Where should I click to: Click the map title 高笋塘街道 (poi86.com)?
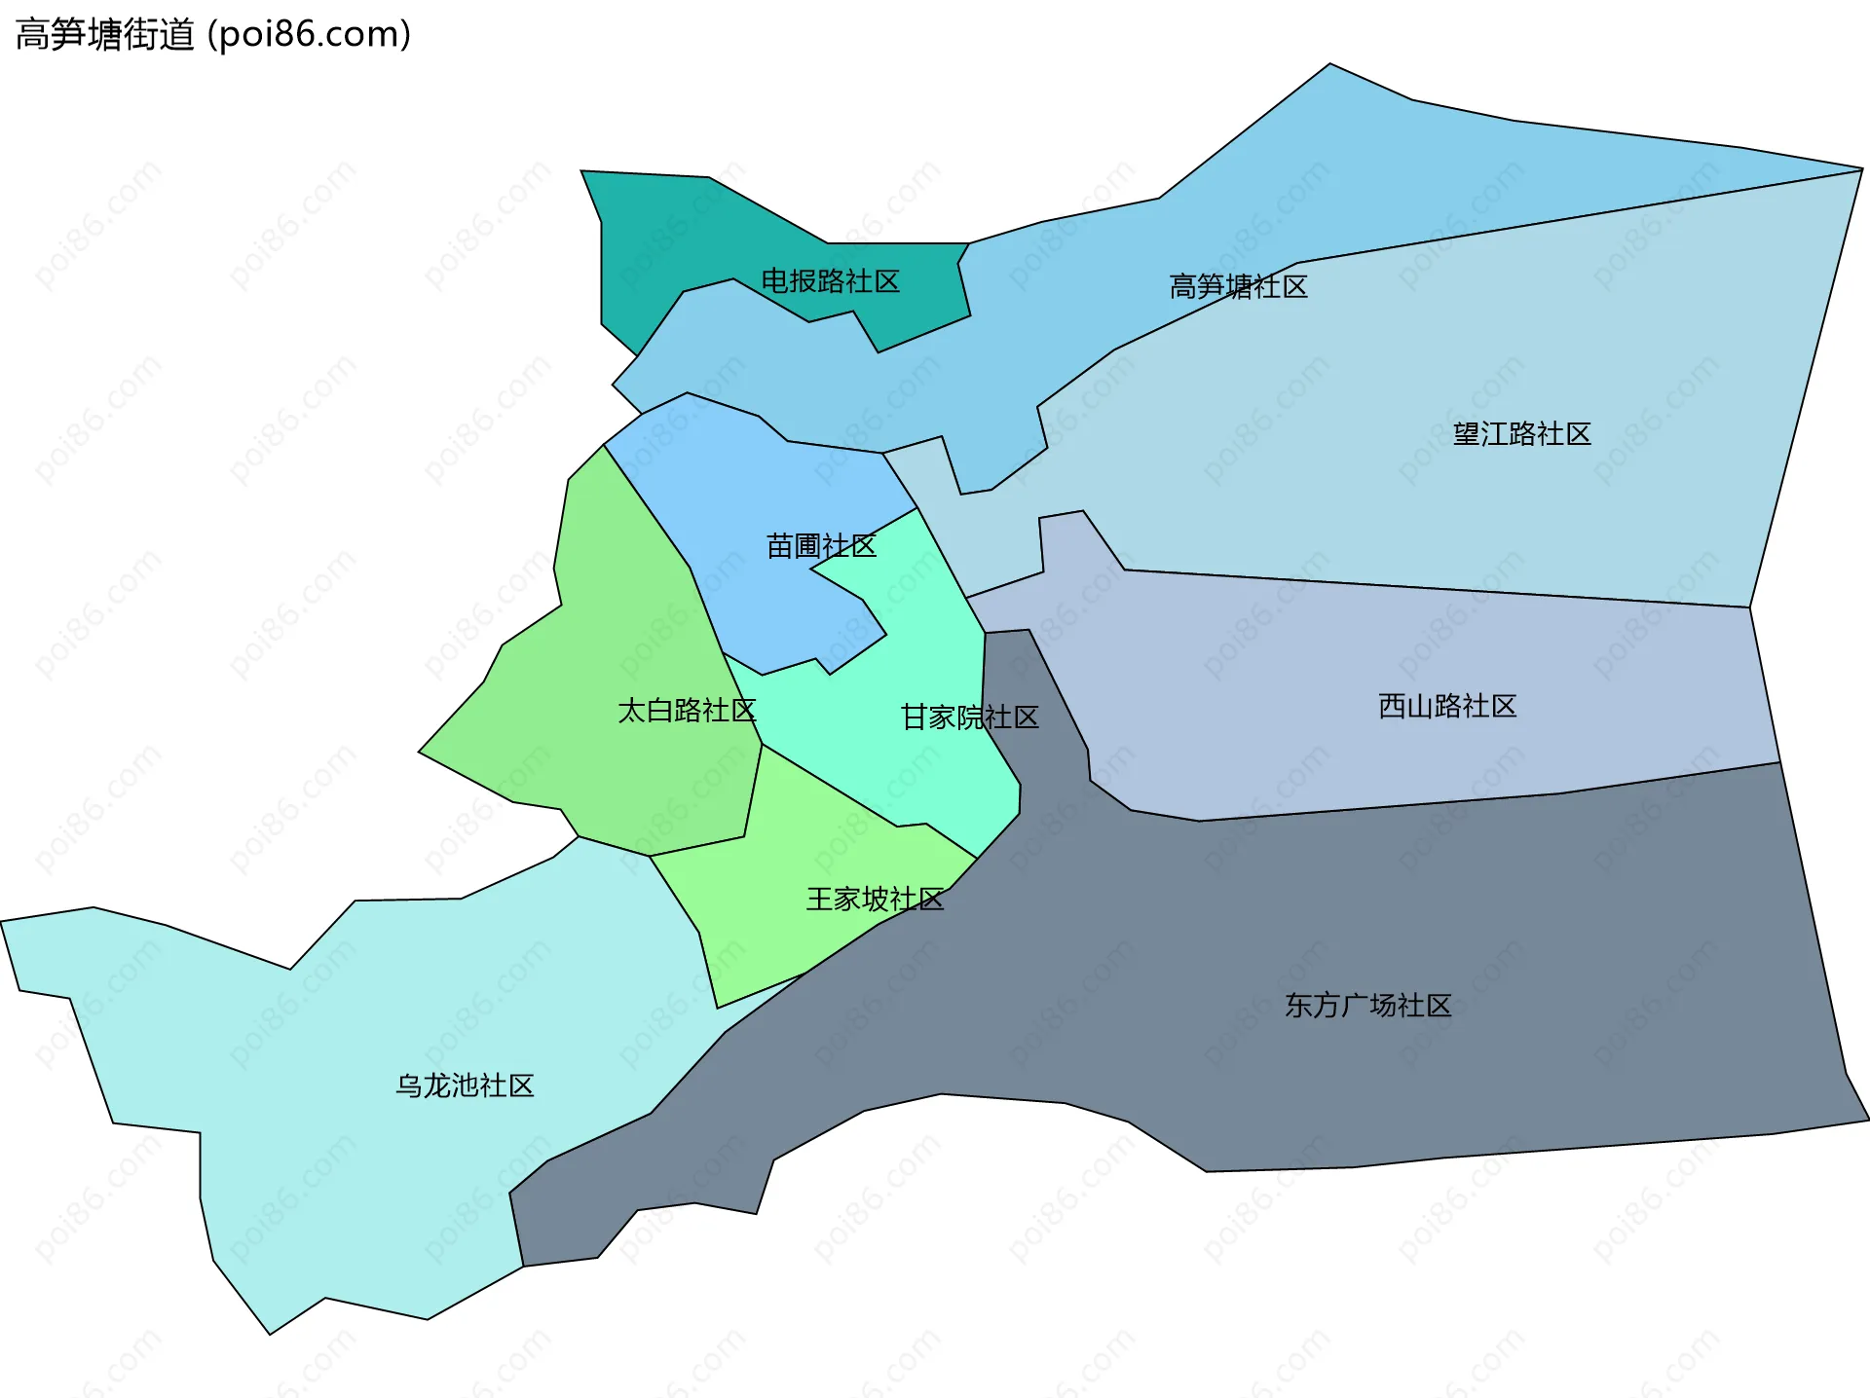point(213,35)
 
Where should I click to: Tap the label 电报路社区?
point(830,281)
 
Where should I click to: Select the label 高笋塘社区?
point(1238,286)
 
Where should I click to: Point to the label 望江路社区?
point(1521,434)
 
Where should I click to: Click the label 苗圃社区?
point(821,546)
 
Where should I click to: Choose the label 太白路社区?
point(687,711)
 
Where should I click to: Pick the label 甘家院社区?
point(970,717)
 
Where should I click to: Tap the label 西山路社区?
point(1447,707)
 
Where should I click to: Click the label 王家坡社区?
point(875,900)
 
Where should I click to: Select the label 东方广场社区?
point(1367,1006)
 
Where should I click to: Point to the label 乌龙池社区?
point(465,1085)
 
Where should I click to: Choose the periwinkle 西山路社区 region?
point(1364,662)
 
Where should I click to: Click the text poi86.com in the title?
point(310,35)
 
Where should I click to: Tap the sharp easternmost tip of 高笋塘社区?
point(1858,169)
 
